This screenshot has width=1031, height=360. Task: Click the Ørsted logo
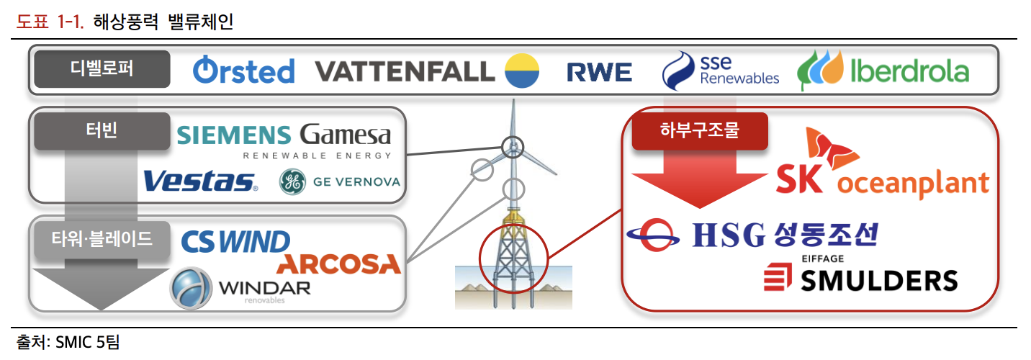[x=244, y=71]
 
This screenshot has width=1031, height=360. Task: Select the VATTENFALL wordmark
[x=405, y=72]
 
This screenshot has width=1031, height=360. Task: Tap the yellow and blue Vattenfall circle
[x=522, y=71]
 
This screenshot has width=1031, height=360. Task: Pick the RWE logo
[x=599, y=72]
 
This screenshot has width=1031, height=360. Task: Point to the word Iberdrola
[x=909, y=71]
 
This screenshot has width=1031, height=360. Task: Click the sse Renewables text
[x=739, y=71]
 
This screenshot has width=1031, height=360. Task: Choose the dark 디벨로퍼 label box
[x=102, y=69]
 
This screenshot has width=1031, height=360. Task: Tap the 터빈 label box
[x=102, y=131]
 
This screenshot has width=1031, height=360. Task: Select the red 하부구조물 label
[x=700, y=131]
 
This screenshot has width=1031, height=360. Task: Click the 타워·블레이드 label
[x=102, y=239]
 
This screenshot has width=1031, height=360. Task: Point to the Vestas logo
[x=200, y=181]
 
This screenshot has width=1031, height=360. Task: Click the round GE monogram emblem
[x=292, y=181]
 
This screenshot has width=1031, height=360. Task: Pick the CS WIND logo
[x=235, y=242]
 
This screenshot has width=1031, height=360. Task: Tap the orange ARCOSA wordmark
[x=339, y=264]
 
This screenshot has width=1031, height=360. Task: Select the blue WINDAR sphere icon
[x=191, y=288]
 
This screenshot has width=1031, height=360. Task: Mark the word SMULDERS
[x=879, y=280]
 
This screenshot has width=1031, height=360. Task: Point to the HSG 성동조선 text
[x=785, y=235]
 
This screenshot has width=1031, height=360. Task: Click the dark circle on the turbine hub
[x=513, y=148]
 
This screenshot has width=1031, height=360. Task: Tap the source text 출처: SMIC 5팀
[x=68, y=343]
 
